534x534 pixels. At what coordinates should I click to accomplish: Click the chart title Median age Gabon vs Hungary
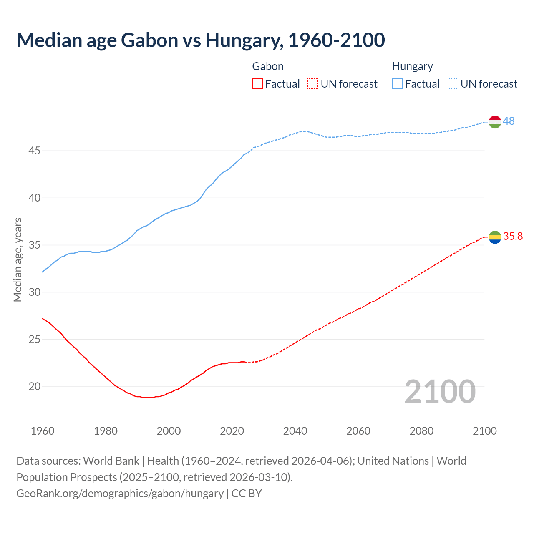point(200,40)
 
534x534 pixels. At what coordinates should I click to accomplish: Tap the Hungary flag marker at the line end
point(494,122)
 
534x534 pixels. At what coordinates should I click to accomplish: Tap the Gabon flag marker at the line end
point(494,237)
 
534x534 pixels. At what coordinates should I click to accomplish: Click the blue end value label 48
point(509,121)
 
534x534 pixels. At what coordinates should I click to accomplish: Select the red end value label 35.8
point(513,236)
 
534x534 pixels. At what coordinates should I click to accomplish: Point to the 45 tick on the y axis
point(34,151)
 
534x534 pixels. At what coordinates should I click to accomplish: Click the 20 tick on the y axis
point(34,386)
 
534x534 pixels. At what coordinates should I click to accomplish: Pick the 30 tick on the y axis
point(34,292)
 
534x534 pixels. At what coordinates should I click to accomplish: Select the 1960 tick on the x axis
point(43,431)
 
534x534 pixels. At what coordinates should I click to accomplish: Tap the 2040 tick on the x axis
point(295,431)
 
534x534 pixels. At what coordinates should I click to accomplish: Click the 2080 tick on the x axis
point(421,431)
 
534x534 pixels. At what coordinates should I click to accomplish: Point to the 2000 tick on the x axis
point(169,431)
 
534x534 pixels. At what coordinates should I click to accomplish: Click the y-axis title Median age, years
point(18,259)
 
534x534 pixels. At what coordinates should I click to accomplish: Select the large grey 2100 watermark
point(440,391)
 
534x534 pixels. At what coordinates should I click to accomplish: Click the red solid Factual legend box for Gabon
point(257,84)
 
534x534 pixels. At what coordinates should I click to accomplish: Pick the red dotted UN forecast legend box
point(313,84)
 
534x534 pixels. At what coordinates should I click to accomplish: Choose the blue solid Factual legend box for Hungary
point(397,84)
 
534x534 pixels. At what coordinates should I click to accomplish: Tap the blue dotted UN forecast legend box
point(453,84)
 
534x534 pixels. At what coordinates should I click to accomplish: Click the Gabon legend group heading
point(268,66)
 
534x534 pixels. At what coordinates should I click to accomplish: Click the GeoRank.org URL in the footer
point(120,493)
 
